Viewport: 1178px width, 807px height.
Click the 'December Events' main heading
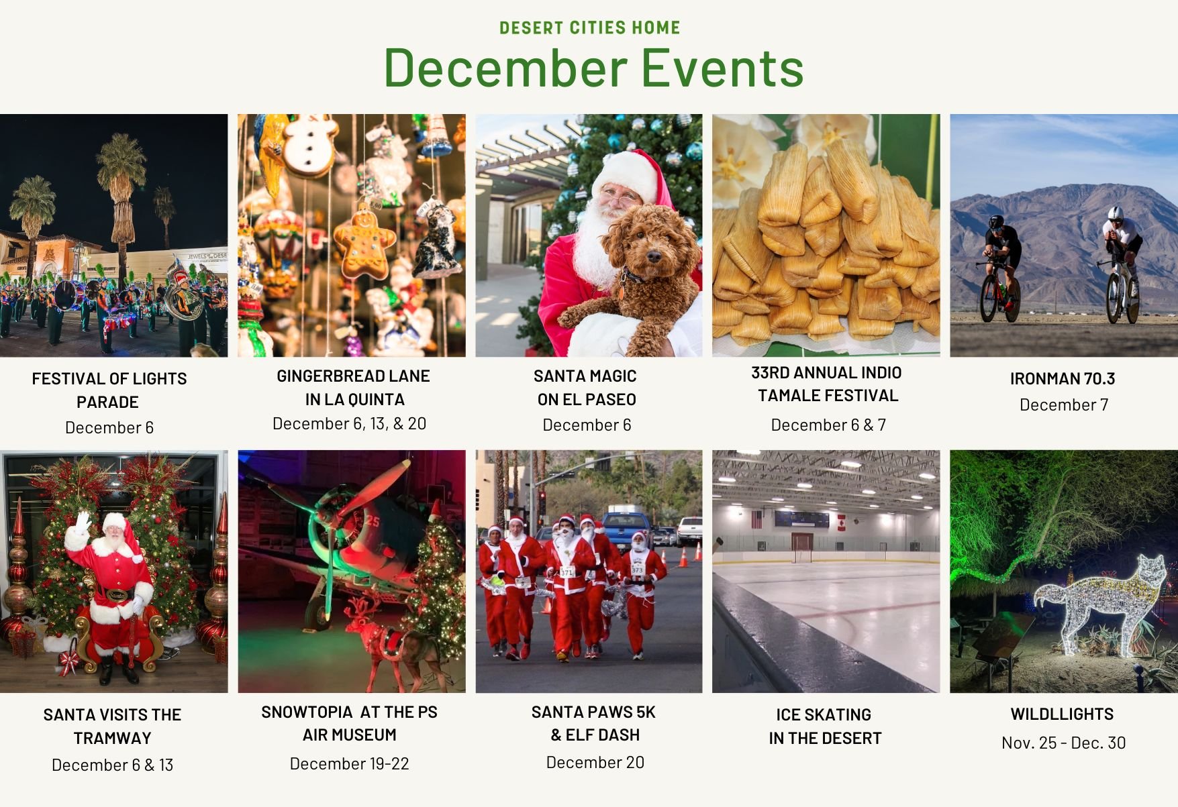(x=593, y=68)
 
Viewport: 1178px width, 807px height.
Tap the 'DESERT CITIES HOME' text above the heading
(x=590, y=28)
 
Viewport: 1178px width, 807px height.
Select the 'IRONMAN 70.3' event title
(x=1063, y=378)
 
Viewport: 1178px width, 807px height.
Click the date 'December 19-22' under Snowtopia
(x=349, y=763)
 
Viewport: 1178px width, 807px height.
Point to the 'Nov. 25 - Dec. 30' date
(x=1063, y=743)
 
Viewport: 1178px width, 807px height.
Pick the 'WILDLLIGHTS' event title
(x=1062, y=714)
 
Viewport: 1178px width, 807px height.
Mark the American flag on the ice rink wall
(x=756, y=519)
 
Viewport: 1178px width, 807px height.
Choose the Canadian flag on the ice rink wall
(x=842, y=522)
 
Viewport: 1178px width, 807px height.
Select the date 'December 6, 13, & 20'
(x=349, y=423)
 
